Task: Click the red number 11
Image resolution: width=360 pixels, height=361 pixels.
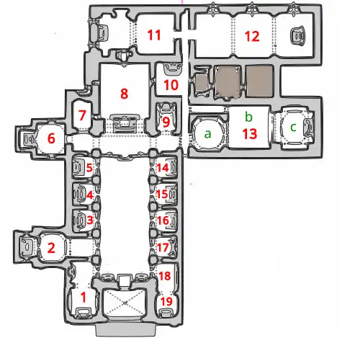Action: point(154,35)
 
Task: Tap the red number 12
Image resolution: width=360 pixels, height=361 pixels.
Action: point(252,37)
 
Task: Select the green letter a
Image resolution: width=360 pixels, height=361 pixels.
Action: point(208,134)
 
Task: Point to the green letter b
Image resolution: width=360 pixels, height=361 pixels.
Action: point(249,117)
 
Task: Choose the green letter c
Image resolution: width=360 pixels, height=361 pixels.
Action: point(293,128)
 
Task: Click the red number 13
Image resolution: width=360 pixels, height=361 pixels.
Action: point(250,134)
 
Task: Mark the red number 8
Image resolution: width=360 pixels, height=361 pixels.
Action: point(124,94)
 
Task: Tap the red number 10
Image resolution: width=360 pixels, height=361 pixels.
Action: point(171,85)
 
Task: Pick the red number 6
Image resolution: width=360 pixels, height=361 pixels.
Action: point(51,138)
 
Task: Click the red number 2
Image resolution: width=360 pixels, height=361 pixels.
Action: point(51,248)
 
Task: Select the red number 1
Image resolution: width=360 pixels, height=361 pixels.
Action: point(84,298)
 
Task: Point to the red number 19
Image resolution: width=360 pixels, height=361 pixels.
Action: point(166,301)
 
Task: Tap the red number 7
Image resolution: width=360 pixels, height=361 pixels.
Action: point(82,115)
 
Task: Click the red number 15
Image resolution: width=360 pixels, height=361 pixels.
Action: point(162,194)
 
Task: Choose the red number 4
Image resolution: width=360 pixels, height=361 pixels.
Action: point(89,195)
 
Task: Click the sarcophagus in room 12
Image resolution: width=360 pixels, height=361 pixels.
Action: point(298,36)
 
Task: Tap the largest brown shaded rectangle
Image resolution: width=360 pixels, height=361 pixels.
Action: point(259,81)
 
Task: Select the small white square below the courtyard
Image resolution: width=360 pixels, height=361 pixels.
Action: point(125,281)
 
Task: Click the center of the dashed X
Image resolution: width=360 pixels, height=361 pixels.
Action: point(125,303)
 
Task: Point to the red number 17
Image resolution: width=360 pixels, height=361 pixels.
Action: point(163,247)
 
